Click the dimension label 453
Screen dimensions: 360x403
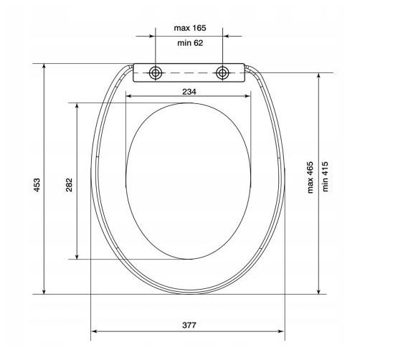[x=37, y=184]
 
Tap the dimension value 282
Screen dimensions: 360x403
[x=69, y=184]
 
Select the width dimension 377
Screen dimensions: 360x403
[x=189, y=325]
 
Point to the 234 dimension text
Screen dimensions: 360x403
[x=189, y=92]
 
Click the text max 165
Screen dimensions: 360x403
[x=189, y=28]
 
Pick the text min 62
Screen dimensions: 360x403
[x=189, y=42]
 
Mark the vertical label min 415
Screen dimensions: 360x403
[x=325, y=176]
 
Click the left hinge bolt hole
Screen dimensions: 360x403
[x=155, y=73]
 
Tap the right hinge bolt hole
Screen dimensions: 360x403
[x=223, y=73]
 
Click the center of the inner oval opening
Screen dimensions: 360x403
[x=189, y=180]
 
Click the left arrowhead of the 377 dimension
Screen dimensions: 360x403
[x=95, y=332]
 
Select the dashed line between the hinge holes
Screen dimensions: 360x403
[x=189, y=73]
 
